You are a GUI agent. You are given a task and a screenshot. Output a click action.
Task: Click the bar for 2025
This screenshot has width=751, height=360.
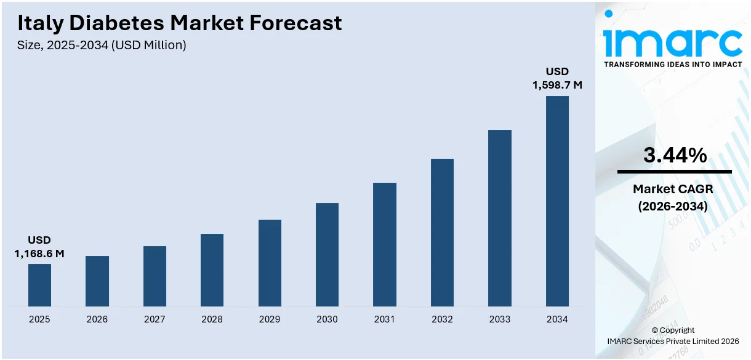(39, 285)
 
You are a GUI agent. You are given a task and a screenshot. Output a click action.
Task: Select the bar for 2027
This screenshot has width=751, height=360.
(155, 276)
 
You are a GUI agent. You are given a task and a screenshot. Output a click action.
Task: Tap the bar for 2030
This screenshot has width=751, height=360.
(327, 255)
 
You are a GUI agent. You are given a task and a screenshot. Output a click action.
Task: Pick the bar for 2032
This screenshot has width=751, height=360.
(442, 233)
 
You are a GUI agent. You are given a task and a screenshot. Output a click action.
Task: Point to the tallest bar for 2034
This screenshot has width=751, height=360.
(557, 201)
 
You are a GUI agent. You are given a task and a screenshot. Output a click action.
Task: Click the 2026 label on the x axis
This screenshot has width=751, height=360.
(97, 319)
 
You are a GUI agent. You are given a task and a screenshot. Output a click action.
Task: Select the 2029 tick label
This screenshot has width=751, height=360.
(270, 319)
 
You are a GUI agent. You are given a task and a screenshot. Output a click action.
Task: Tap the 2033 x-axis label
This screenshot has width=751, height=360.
(499, 319)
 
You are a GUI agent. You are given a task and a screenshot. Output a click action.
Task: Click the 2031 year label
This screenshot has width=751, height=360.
(385, 319)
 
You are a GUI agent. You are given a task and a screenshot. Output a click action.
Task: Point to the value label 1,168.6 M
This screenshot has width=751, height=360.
(39, 253)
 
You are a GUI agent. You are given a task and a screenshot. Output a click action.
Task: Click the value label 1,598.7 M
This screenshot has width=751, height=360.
(557, 85)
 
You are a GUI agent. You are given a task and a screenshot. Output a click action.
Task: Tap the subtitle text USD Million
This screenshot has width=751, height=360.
(148, 45)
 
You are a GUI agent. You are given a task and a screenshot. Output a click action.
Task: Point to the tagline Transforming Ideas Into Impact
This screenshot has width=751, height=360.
(673, 64)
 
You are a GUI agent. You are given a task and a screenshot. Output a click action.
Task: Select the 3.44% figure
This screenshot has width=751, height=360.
(675, 156)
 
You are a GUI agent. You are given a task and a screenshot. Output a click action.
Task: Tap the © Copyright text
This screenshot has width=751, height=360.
(673, 330)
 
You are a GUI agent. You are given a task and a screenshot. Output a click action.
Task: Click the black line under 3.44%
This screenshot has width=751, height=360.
(675, 172)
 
